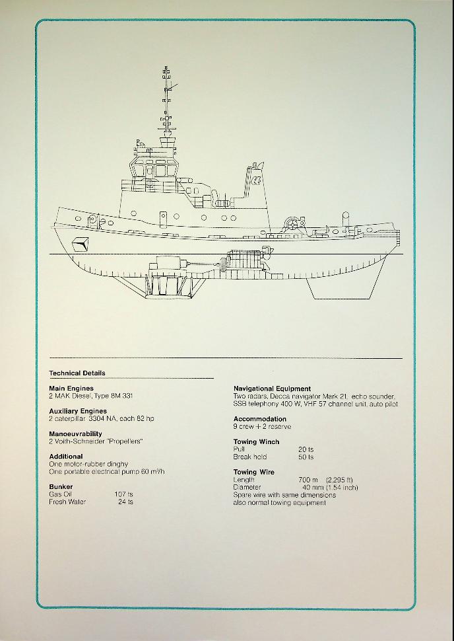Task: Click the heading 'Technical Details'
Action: tap(77, 373)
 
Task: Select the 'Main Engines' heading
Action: tap(71, 389)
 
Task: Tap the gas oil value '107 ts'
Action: tap(123, 494)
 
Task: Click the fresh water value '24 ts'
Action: tap(126, 502)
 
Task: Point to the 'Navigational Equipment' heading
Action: tap(272, 389)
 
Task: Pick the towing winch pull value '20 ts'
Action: tap(306, 449)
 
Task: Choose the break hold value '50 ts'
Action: tap(306, 457)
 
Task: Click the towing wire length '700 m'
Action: tap(308, 480)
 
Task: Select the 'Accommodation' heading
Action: tap(259, 419)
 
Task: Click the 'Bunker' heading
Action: tap(61, 486)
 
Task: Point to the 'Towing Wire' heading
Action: tap(253, 472)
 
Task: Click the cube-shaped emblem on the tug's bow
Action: tap(81, 244)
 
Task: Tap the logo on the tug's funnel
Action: tap(257, 180)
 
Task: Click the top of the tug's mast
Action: tap(166, 67)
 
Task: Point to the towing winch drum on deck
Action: tap(292, 223)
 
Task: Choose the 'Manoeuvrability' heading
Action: tap(75, 434)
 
